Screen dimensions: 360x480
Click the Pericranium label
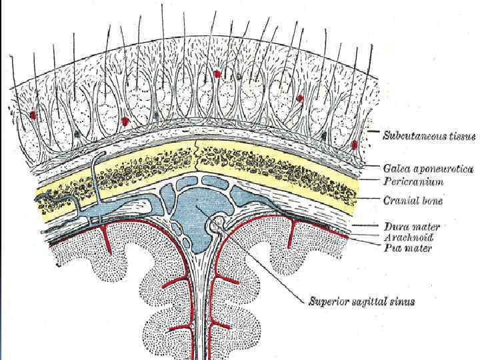(x=414, y=181)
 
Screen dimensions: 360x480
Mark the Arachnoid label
(x=409, y=237)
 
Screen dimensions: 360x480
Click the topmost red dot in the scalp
(x=217, y=73)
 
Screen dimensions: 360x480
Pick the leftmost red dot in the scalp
(x=33, y=115)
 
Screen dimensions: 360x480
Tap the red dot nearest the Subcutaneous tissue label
(x=354, y=144)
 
